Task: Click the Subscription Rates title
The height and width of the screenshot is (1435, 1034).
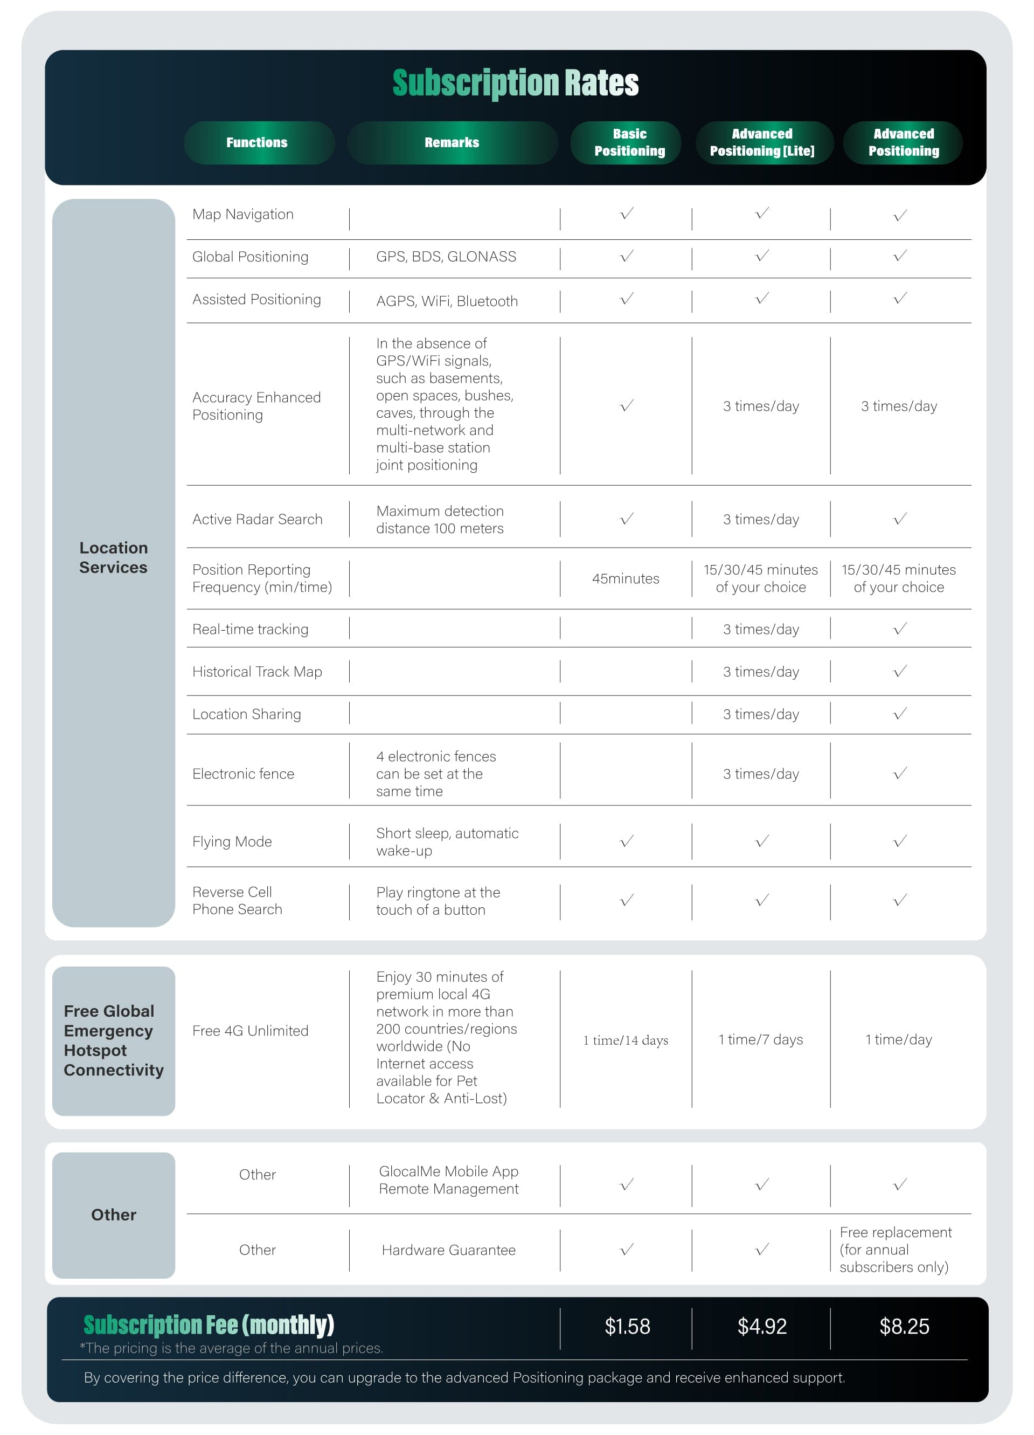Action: [x=516, y=83]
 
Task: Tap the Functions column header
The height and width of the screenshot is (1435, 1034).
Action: [x=257, y=142]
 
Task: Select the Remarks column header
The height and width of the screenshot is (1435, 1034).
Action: [x=452, y=142]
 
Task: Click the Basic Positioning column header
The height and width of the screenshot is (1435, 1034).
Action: [x=629, y=142]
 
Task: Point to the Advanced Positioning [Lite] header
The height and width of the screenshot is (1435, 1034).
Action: [x=762, y=142]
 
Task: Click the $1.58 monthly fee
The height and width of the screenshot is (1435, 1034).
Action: [x=627, y=1326]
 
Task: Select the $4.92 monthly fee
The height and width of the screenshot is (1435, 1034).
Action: [x=762, y=1326]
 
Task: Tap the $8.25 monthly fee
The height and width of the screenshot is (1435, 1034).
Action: [x=904, y=1326]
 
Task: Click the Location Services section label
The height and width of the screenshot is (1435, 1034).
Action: [x=113, y=557]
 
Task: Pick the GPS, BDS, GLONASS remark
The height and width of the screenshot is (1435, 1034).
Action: [x=446, y=256]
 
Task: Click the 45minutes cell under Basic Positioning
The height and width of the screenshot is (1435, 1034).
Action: [x=626, y=578]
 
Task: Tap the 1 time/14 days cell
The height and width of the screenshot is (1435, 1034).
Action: [x=626, y=1040]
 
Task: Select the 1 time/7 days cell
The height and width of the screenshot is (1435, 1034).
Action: [x=761, y=1039]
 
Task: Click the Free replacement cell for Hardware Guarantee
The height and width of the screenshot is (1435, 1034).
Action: [x=895, y=1250]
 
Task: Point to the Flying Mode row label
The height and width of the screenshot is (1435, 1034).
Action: [x=232, y=841]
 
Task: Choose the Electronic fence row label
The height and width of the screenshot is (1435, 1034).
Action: [x=244, y=774]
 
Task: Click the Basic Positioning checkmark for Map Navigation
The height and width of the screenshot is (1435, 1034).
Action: [x=627, y=214]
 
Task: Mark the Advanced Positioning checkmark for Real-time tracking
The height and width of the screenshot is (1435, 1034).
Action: [x=900, y=629]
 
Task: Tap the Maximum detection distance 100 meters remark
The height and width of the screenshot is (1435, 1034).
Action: [x=440, y=520]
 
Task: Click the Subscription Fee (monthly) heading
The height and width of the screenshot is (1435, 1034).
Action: [x=209, y=1324]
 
